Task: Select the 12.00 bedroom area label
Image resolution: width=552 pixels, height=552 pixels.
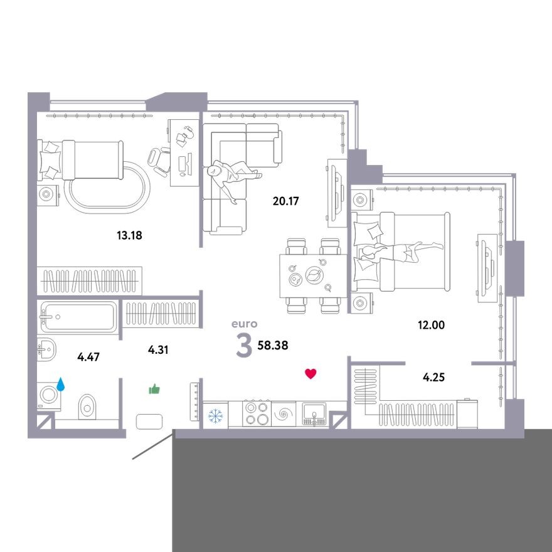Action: pyautogui.click(x=431, y=325)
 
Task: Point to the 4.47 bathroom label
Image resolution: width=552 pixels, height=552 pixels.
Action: pyautogui.click(x=88, y=358)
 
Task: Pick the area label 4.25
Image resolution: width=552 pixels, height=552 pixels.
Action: pyautogui.click(x=435, y=378)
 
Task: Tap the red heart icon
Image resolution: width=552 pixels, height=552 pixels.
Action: pyautogui.click(x=310, y=374)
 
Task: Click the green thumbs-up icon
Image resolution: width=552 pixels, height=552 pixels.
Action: pyautogui.click(x=154, y=390)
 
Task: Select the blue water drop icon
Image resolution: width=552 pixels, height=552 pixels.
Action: pyautogui.click(x=61, y=383)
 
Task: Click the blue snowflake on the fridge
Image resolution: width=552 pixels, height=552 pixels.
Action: pyautogui.click(x=215, y=415)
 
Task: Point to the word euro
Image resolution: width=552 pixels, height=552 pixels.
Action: pyautogui.click(x=245, y=324)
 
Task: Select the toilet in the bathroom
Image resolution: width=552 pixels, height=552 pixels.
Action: pyautogui.click(x=87, y=408)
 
